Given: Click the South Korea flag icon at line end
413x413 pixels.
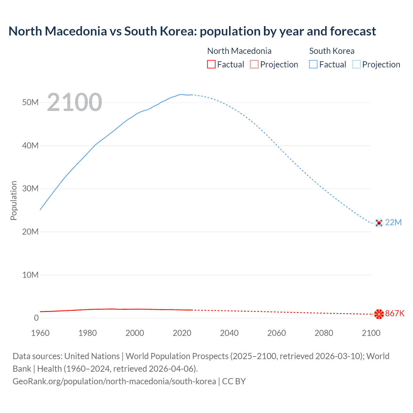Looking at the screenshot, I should (x=379, y=223).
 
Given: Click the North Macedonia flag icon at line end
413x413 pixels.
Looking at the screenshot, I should (x=379, y=314).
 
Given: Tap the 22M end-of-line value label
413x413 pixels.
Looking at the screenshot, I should (x=393, y=223).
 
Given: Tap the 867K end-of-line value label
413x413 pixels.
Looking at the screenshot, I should (x=395, y=314).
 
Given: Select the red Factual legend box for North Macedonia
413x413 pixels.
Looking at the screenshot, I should (x=211, y=65).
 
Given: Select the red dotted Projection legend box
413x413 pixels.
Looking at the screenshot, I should (x=254, y=65).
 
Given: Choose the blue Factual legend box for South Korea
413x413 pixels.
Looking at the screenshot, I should (x=313, y=65).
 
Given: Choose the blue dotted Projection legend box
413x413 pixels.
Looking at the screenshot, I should (x=357, y=65).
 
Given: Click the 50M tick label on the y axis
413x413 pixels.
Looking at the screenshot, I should (x=30, y=103).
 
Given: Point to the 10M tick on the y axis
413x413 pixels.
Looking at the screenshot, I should (x=30, y=275).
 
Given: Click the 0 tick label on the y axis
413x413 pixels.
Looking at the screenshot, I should (x=36, y=318).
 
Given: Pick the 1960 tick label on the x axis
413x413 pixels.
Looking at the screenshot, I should (x=40, y=333).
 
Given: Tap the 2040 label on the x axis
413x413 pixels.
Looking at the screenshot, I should (x=229, y=333).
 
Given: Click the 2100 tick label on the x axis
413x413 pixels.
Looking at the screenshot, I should (x=371, y=333).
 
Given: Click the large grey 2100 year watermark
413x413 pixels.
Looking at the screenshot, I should (x=75, y=102).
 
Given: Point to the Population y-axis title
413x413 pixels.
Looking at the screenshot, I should (x=14, y=200).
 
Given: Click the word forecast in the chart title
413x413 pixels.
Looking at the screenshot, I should (x=353, y=31).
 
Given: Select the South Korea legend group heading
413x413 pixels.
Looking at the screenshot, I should (x=332, y=51).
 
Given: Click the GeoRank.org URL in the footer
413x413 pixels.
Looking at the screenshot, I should (x=114, y=381).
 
